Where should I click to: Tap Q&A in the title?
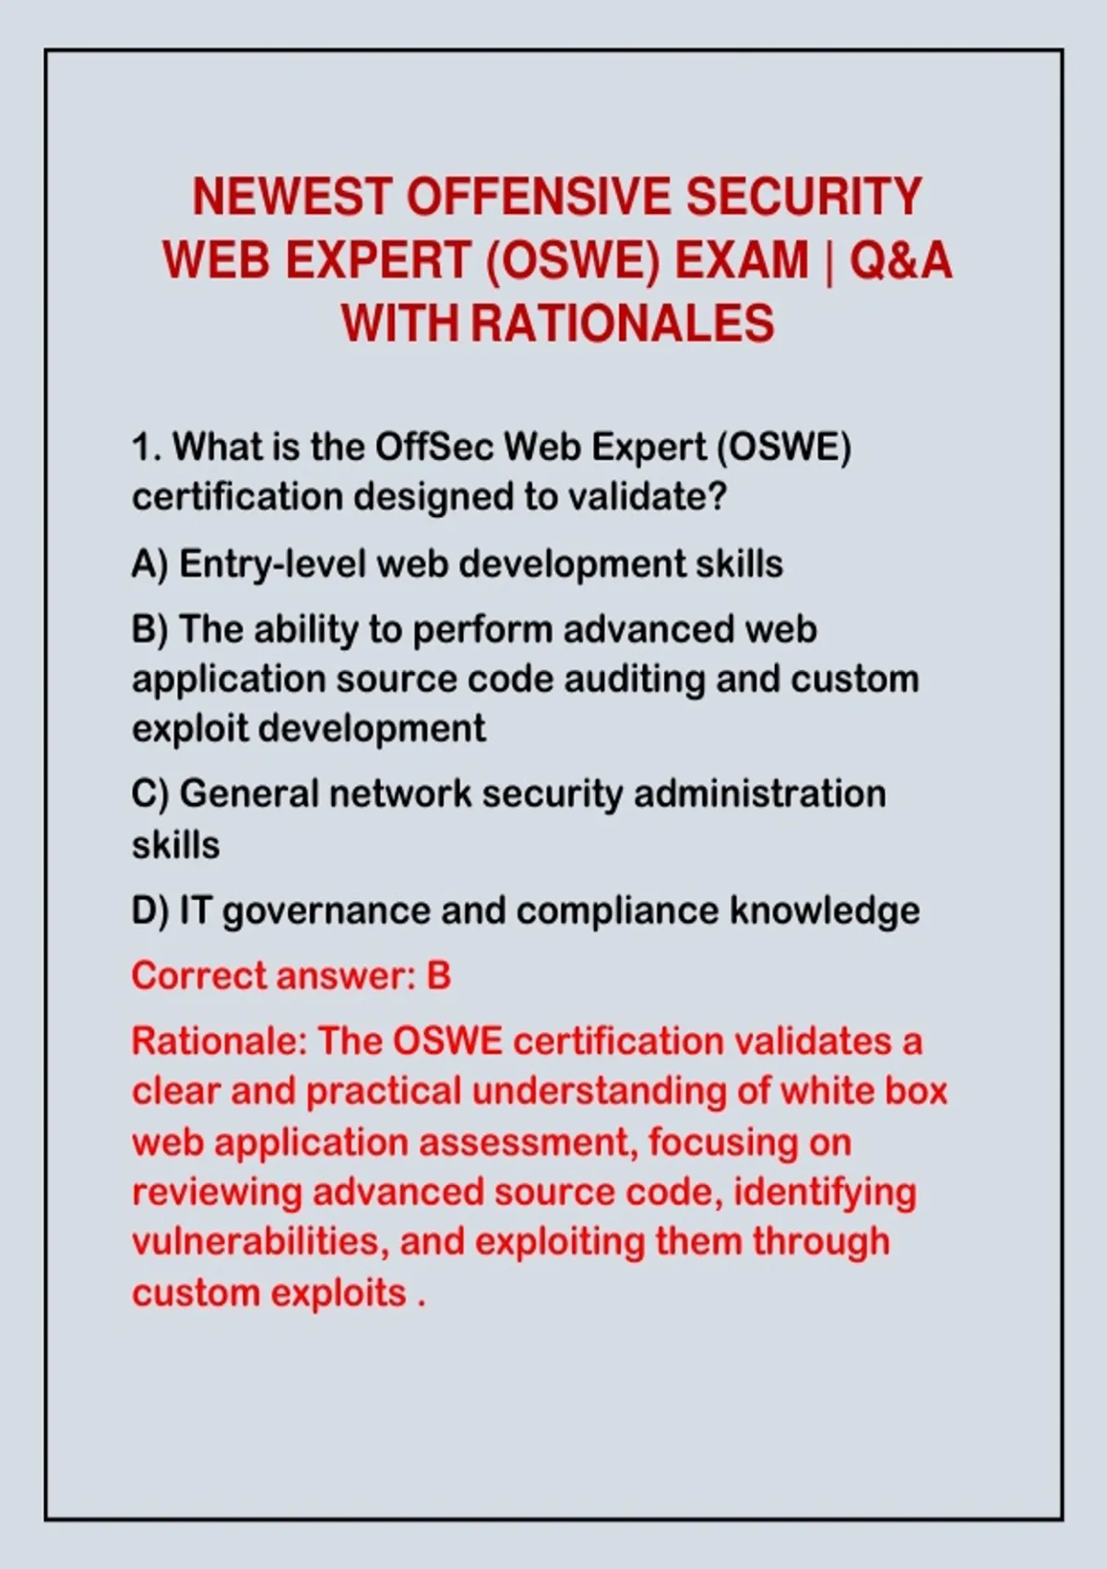click(x=900, y=260)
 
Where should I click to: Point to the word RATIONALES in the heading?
click(x=623, y=323)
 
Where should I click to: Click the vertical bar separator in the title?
click(x=829, y=261)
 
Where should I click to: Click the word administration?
click(x=760, y=795)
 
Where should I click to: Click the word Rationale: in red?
click(x=220, y=1042)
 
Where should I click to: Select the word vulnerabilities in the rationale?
click(x=260, y=1243)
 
